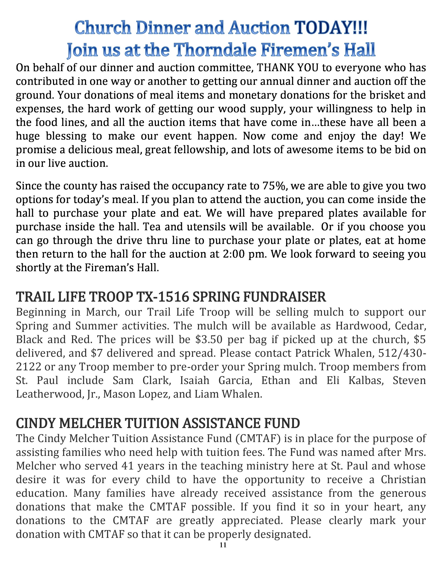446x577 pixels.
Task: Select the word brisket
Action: point(387,95)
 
